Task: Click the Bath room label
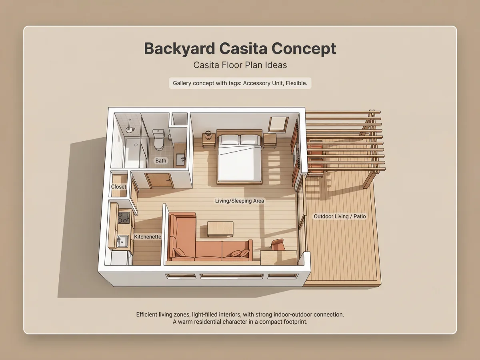(161, 161)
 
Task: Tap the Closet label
(118, 187)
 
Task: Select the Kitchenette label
(148, 236)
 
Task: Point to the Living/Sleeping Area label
(240, 201)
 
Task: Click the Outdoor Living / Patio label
(340, 216)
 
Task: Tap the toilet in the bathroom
(159, 140)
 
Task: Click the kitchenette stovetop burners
(124, 218)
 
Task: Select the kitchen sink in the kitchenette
(122, 242)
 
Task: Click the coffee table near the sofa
(220, 229)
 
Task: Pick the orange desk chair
(278, 245)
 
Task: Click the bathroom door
(160, 181)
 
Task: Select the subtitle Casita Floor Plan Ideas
(240, 65)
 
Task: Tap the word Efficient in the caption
(146, 314)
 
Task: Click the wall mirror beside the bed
(278, 124)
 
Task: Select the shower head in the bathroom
(130, 129)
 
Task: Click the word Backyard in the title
(179, 49)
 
